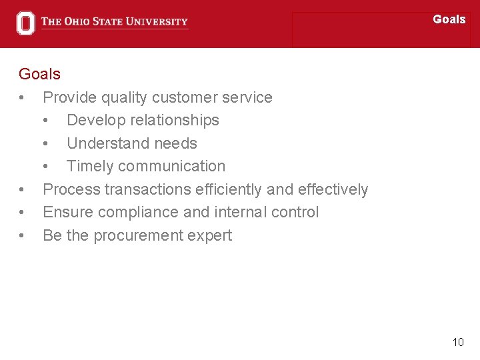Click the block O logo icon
(x=25, y=23)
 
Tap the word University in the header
(x=158, y=21)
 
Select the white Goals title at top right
(x=449, y=19)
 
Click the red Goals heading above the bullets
(x=39, y=74)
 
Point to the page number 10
(x=457, y=342)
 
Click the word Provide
(x=70, y=97)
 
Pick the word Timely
(x=89, y=166)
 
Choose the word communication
(x=179, y=166)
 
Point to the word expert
(x=211, y=235)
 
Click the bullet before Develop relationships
(x=45, y=121)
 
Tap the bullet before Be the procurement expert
(x=22, y=235)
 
